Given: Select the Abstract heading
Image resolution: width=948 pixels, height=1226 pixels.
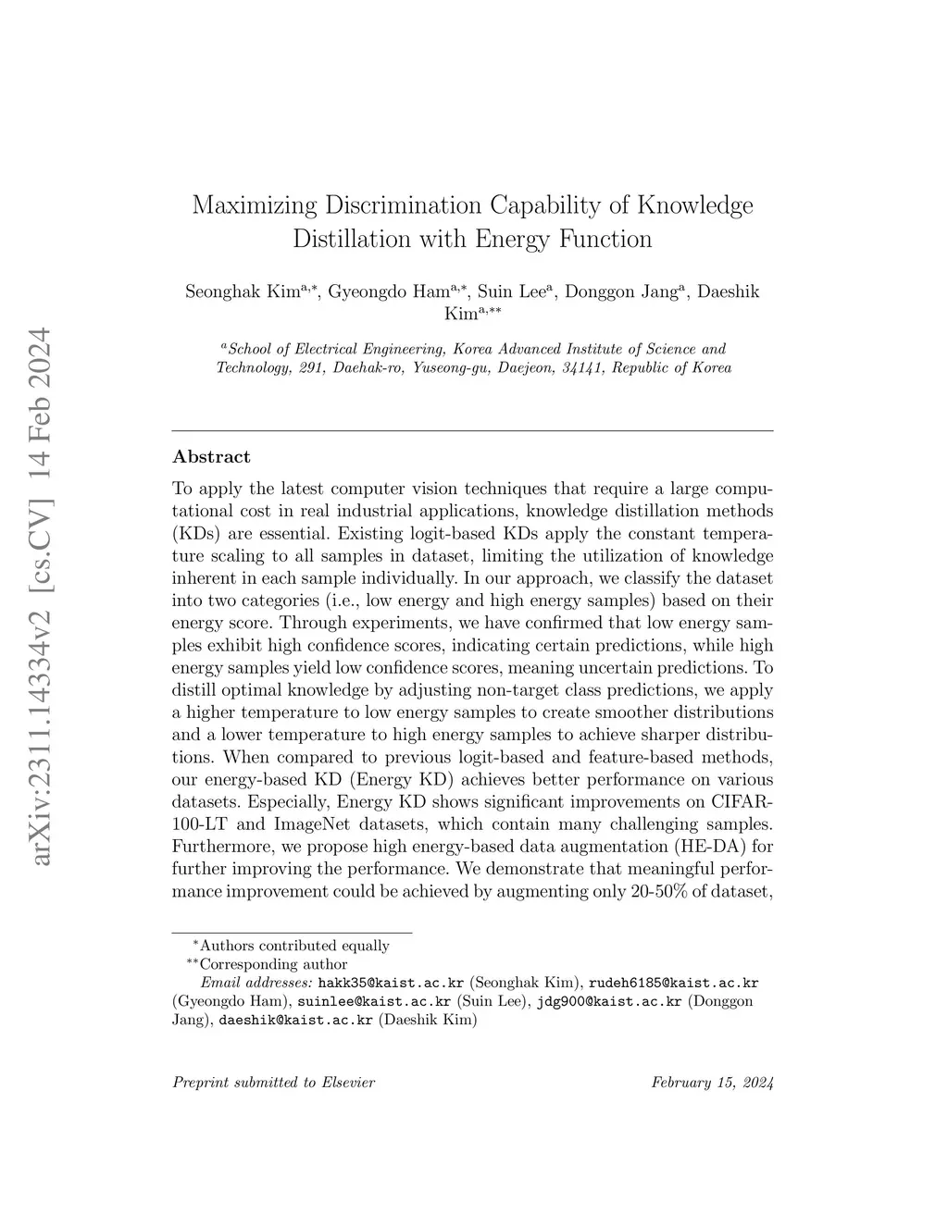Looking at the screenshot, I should tap(211, 456).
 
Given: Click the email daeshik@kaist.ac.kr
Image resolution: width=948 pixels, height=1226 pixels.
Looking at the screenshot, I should tap(295, 1021).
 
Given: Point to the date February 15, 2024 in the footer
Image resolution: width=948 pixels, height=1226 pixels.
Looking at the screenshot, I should tap(712, 1082).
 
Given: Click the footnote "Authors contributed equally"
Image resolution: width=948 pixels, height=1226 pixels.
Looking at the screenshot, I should tap(294, 946).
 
